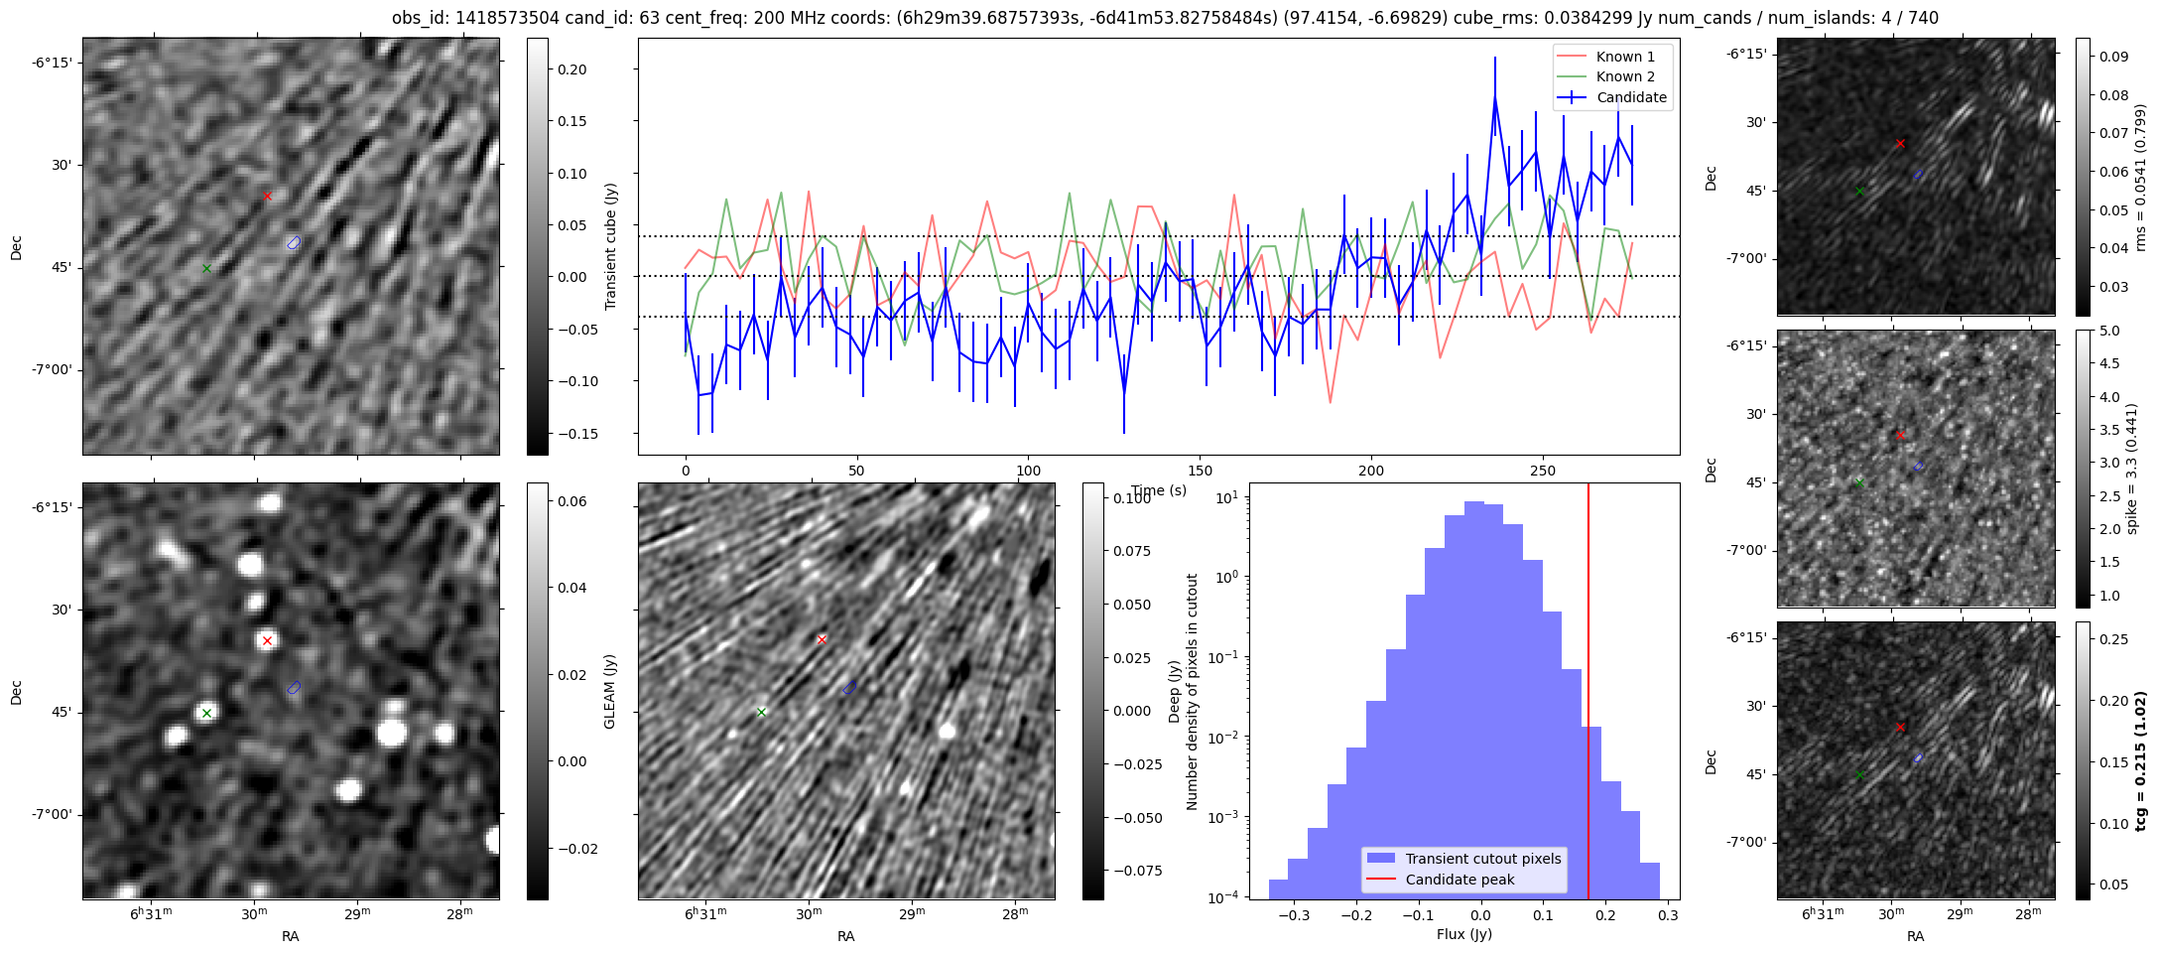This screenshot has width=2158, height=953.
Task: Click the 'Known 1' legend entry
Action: click(1624, 57)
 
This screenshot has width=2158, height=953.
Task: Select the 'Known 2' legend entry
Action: click(1624, 76)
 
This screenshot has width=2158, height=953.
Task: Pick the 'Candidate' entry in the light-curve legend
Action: click(1631, 97)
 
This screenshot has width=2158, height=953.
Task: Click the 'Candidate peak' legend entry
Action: click(1460, 880)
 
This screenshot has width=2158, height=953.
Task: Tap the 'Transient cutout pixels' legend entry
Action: click(1482, 859)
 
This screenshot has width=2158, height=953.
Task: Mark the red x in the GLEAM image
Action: click(267, 640)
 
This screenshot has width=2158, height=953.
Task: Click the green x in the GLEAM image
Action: click(206, 713)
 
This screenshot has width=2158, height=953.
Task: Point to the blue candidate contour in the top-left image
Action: click(294, 243)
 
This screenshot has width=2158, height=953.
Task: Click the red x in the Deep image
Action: click(822, 639)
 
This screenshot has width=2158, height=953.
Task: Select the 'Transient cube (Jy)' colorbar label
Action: click(611, 246)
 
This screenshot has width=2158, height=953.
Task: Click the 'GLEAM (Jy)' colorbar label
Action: click(610, 691)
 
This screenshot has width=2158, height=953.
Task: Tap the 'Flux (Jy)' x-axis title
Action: click(1463, 934)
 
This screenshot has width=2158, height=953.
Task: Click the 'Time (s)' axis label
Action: click(1159, 490)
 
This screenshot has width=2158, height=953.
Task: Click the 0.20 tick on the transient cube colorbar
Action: click(571, 69)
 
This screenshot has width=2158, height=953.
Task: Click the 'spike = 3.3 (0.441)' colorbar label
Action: click(2131, 469)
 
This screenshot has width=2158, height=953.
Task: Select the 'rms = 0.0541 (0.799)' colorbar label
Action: click(2140, 177)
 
